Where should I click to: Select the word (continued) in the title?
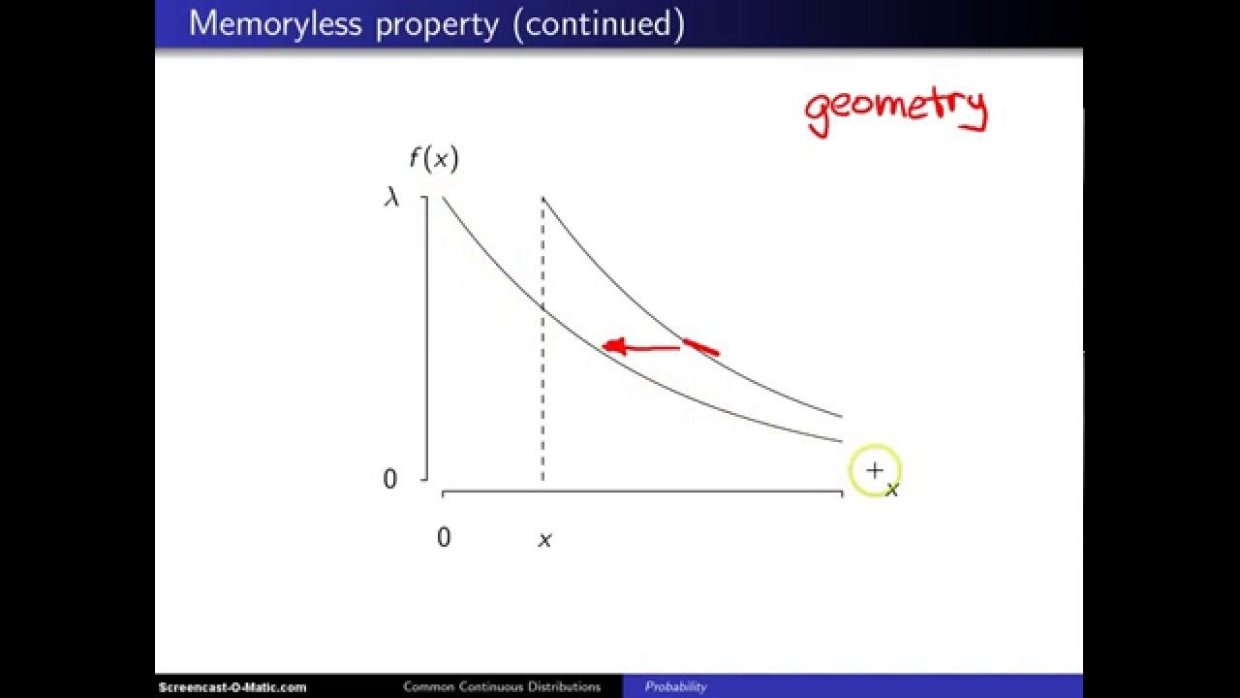tap(599, 24)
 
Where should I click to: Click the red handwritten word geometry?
tap(895, 110)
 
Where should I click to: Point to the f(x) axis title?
tap(433, 158)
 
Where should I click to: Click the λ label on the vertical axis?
tap(391, 198)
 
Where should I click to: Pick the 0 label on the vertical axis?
tap(390, 479)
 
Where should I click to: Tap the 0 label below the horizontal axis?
tap(444, 538)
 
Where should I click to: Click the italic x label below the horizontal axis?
tap(544, 540)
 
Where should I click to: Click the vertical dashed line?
tap(542, 388)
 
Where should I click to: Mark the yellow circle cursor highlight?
tap(875, 471)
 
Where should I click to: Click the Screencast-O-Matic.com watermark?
tap(232, 687)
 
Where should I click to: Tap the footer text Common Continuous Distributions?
tap(502, 687)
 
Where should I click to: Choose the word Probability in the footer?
tap(676, 687)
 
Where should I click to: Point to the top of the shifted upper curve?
tap(542, 198)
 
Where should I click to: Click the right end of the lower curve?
tap(841, 441)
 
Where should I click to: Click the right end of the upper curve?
tap(841, 416)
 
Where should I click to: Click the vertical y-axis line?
tap(426, 339)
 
